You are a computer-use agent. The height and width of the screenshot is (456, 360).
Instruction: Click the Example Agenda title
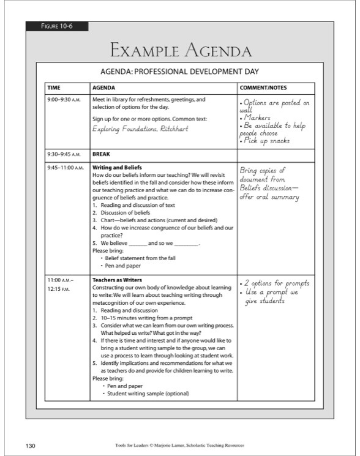(x=180, y=50)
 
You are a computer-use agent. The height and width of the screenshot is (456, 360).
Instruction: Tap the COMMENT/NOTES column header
(x=263, y=88)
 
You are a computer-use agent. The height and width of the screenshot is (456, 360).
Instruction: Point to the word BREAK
(x=101, y=155)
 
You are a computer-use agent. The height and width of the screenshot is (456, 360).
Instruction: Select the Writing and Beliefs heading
(x=117, y=167)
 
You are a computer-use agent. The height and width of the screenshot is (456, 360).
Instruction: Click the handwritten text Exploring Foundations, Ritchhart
(x=140, y=129)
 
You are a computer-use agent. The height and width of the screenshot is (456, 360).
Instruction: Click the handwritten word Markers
(x=257, y=118)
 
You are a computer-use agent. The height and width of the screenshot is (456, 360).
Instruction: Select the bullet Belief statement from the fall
(x=140, y=258)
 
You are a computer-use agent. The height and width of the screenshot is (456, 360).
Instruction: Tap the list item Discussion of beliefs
(x=125, y=212)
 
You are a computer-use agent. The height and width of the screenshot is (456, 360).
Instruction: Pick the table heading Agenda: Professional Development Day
(x=179, y=71)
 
